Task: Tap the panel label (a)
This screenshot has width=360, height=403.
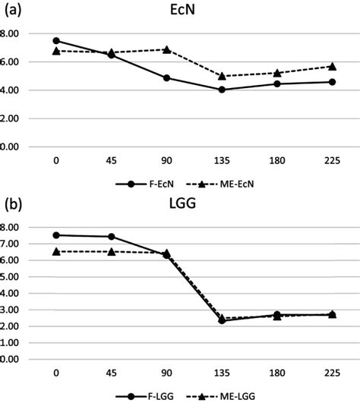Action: pyautogui.click(x=13, y=11)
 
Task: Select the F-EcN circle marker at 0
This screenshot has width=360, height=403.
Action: pyautogui.click(x=56, y=41)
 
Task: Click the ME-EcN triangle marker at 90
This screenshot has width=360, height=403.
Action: pyautogui.click(x=166, y=49)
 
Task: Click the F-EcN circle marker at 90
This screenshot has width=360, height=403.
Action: pyautogui.click(x=166, y=77)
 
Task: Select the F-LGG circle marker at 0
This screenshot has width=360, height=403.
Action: pyautogui.click(x=56, y=235)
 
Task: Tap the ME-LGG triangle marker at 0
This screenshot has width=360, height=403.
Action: pyautogui.click(x=56, y=251)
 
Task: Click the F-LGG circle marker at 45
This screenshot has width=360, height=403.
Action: pyautogui.click(x=111, y=237)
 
